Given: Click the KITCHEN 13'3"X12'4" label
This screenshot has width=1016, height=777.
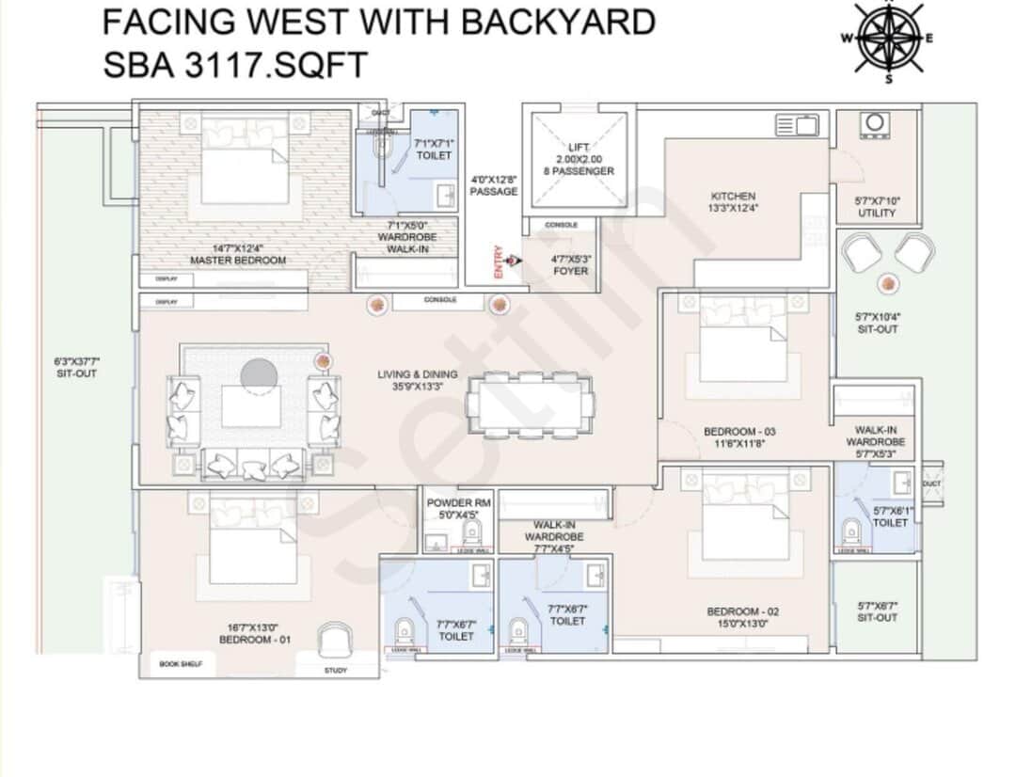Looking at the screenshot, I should pyautogui.click(x=733, y=201).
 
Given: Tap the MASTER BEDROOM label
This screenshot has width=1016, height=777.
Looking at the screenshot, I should pyautogui.click(x=238, y=254).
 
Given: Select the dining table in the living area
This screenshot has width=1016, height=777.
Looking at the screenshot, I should pyautogui.click(x=531, y=404).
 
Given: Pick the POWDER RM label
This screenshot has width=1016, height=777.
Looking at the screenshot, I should pyautogui.click(x=460, y=508).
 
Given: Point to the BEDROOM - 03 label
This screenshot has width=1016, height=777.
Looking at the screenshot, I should pyautogui.click(x=739, y=436).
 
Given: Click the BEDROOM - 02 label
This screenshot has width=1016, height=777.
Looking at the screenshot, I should pyautogui.click(x=743, y=617).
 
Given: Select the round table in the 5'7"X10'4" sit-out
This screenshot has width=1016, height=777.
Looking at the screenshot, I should pyautogui.click(x=886, y=283).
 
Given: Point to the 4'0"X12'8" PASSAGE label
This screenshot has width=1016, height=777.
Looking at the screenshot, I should pyautogui.click(x=493, y=184).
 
